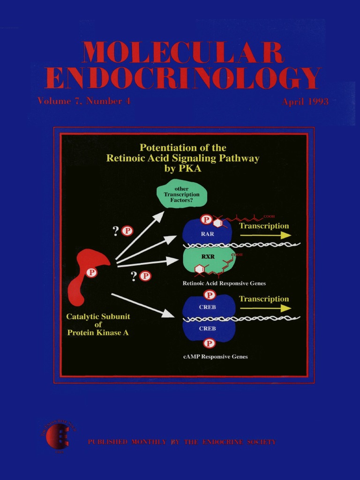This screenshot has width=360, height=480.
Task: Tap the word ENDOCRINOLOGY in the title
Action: click(x=183, y=78)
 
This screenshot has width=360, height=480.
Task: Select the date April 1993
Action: click(x=305, y=102)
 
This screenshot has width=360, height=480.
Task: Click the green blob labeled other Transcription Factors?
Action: click(x=181, y=195)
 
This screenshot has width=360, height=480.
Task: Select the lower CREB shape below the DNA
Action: click(x=208, y=329)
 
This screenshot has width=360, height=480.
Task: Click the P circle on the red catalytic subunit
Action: click(x=92, y=272)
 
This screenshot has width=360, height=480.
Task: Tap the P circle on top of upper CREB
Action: click(x=210, y=295)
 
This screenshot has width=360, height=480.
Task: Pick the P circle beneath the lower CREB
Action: click(x=210, y=343)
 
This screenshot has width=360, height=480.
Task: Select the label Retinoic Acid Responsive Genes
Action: click(x=224, y=283)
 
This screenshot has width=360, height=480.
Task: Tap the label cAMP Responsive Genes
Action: click(x=216, y=357)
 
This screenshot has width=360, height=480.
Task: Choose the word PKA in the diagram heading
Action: click(x=189, y=169)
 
